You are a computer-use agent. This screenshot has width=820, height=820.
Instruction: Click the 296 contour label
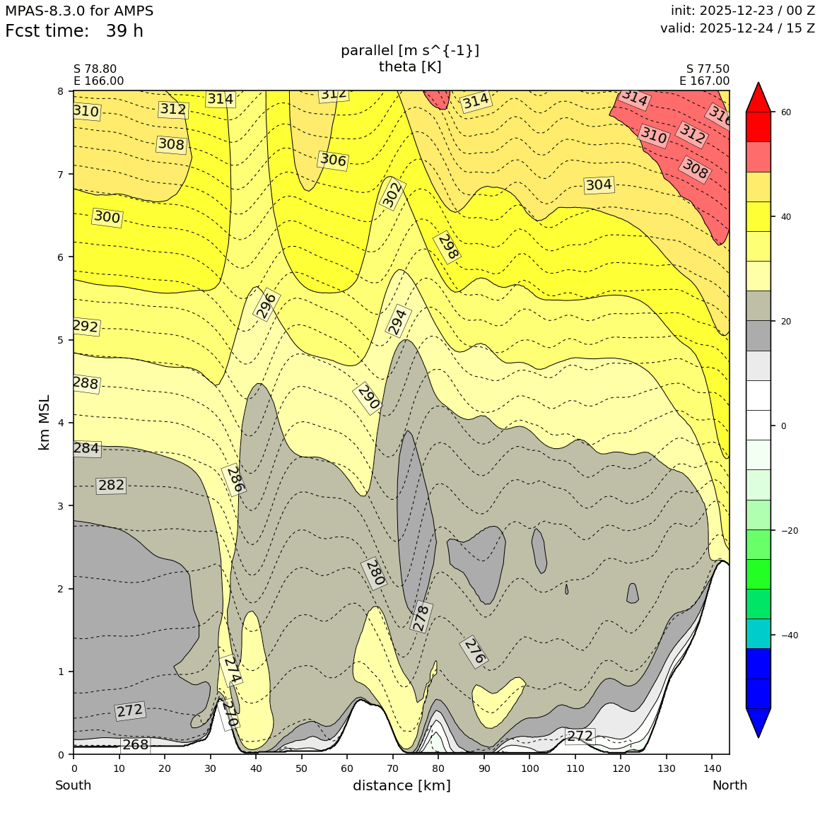[x=266, y=305]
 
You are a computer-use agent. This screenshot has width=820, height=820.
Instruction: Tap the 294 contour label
[x=398, y=321]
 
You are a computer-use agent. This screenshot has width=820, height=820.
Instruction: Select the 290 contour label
[x=368, y=397]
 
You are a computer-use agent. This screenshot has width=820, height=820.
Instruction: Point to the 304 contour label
[x=599, y=185]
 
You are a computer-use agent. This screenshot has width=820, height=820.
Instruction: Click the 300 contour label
[x=107, y=217]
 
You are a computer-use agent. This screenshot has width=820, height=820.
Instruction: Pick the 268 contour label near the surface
[x=135, y=745]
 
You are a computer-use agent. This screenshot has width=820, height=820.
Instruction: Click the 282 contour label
[x=111, y=486]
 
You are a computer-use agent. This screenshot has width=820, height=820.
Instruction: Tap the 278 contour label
[x=421, y=617]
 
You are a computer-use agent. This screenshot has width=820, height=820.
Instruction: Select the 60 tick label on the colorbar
[x=785, y=112]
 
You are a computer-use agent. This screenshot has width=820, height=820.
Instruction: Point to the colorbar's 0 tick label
[x=783, y=426]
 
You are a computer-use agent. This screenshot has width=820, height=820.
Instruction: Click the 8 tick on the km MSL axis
[x=60, y=91]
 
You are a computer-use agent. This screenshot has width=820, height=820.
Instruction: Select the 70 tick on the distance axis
[x=392, y=768]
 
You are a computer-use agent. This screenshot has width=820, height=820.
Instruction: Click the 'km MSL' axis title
[x=45, y=422]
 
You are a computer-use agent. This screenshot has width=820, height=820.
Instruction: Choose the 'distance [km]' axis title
[x=402, y=785]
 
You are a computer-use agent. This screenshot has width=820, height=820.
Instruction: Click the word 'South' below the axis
[x=73, y=785]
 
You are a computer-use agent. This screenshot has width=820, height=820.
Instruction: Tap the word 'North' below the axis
[x=729, y=785]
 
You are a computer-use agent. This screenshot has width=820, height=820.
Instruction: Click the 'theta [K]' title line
[x=410, y=66]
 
